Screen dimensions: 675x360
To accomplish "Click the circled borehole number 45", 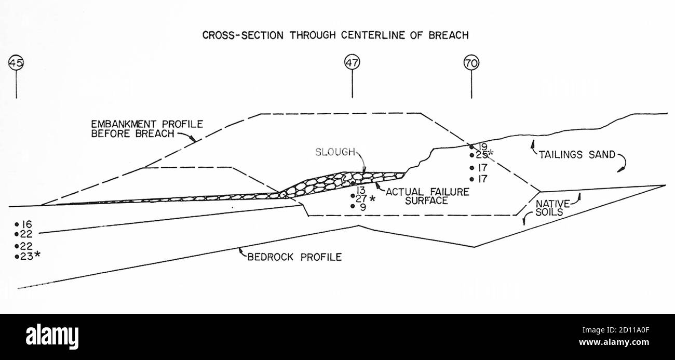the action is click(x=16, y=63).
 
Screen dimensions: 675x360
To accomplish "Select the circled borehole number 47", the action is click(x=352, y=63).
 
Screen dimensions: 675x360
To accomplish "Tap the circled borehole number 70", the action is click(x=471, y=63).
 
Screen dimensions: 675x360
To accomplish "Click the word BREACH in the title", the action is click(x=449, y=35).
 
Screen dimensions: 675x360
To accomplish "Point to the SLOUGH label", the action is click(x=335, y=152).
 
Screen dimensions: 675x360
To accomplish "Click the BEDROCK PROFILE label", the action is click(x=294, y=257).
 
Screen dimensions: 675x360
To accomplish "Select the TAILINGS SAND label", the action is click(x=577, y=154).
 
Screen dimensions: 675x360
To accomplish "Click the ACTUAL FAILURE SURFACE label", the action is click(x=427, y=196).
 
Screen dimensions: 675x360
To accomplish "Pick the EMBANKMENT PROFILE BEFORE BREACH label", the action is click(x=147, y=129).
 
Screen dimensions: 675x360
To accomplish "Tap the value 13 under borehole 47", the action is click(x=361, y=190).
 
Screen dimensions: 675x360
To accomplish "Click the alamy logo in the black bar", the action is click(x=52, y=337).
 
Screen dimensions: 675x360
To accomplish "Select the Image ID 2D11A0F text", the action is click(x=616, y=330).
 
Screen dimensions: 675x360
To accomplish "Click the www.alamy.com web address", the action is click(x=614, y=342).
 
